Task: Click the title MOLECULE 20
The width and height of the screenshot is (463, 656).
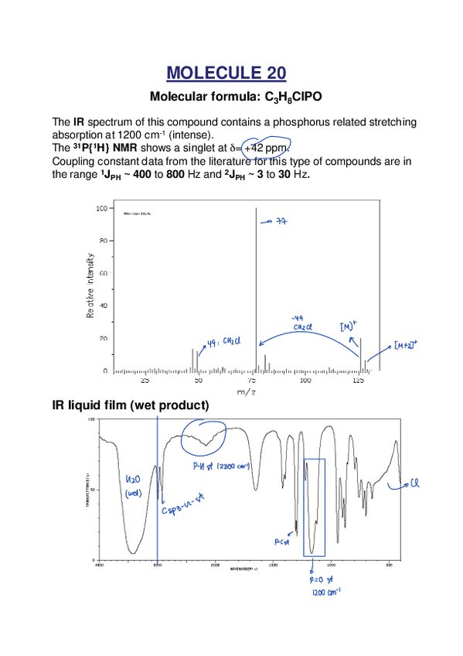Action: pyautogui.click(x=226, y=73)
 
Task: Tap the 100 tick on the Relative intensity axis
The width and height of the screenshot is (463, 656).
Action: pyautogui.click(x=101, y=209)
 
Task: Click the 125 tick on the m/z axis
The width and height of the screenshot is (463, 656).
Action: pyautogui.click(x=359, y=381)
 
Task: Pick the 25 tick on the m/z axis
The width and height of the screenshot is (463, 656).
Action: pyautogui.click(x=145, y=381)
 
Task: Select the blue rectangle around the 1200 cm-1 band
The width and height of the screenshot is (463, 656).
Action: pyautogui.click(x=315, y=507)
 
